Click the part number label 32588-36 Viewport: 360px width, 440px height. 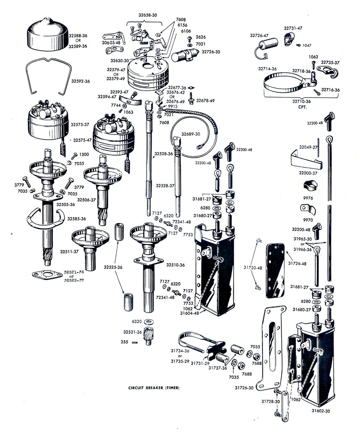coord(79,35)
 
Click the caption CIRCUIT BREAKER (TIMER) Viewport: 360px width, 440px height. coord(153,388)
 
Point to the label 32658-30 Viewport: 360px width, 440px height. coord(148,15)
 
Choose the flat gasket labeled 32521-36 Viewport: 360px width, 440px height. coord(47,274)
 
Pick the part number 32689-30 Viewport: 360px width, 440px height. coord(190,134)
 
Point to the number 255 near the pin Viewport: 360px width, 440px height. coord(125,342)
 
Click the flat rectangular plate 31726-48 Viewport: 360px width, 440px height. coord(275,271)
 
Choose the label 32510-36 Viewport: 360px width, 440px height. coord(175,265)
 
